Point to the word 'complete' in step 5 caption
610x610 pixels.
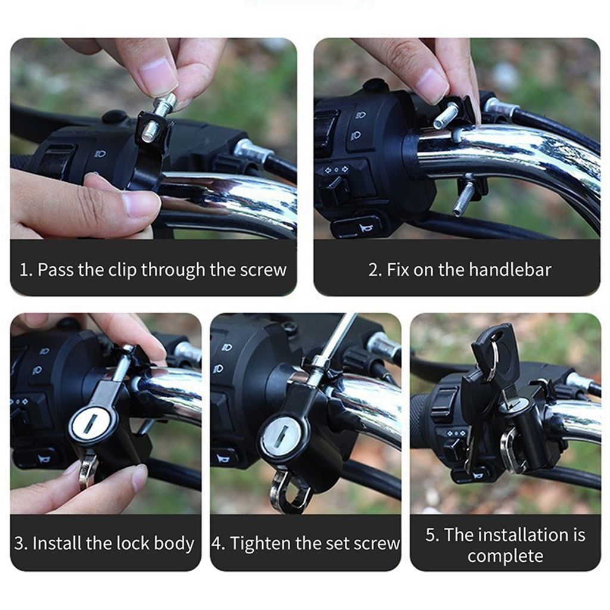(505, 556)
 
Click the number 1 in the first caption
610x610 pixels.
(24, 270)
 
